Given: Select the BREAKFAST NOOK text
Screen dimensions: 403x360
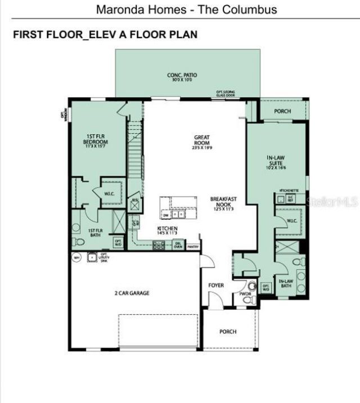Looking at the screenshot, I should point(223,203).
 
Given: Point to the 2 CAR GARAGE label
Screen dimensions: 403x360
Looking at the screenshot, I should point(132,293).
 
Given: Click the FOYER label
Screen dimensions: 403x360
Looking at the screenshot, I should point(216,286).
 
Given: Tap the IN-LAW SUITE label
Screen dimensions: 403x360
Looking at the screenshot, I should point(277,162).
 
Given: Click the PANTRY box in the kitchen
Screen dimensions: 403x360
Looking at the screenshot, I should point(193,246).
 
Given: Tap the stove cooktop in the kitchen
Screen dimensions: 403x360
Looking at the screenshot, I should point(158,244).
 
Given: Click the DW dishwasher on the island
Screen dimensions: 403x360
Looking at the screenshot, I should point(166,215).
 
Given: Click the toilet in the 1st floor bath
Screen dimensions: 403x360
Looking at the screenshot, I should point(79,242).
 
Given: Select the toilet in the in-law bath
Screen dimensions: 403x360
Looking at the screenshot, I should point(300,262).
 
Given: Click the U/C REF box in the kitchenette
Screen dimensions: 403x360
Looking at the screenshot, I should point(291,199).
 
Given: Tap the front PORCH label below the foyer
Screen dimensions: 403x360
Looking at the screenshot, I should point(228,332).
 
